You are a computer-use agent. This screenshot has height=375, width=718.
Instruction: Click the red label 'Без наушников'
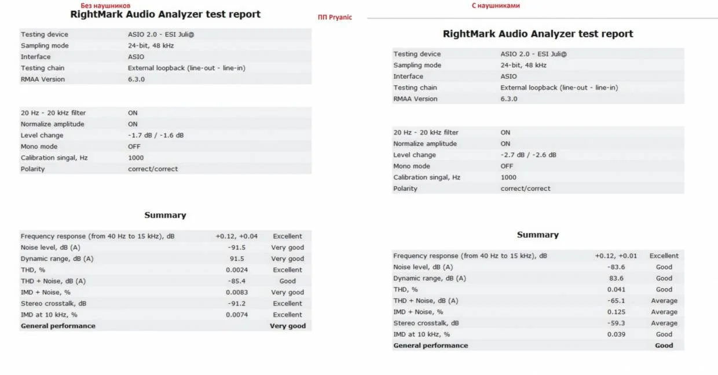point(105,5)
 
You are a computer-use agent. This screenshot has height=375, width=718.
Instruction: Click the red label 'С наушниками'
point(496,5)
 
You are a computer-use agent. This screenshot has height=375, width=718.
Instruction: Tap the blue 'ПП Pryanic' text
point(335,17)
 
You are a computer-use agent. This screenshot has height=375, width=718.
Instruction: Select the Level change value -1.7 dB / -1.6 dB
point(156,135)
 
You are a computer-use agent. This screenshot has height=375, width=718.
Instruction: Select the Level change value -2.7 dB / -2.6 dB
point(528,155)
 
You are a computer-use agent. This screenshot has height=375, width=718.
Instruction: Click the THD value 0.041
point(616,289)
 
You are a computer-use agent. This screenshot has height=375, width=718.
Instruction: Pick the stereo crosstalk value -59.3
point(616,323)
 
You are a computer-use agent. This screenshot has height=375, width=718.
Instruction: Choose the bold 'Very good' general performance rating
point(288,326)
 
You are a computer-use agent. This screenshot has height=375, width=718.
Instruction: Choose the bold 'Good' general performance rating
point(664,345)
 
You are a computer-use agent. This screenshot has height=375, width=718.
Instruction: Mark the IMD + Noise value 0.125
point(616,312)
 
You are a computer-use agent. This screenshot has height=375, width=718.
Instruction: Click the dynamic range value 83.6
point(616,278)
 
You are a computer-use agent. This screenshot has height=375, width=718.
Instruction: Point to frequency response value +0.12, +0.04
point(236,236)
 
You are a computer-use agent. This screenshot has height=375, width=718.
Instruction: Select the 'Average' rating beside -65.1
point(664,301)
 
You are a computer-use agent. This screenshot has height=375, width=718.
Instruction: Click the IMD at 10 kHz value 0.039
point(616,334)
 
